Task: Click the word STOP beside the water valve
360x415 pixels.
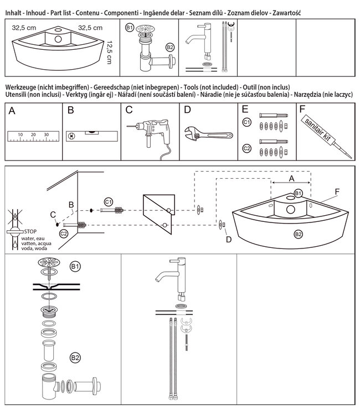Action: (x=30, y=232)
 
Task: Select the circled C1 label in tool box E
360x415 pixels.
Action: (x=248, y=121)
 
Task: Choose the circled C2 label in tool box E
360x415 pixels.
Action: (x=248, y=148)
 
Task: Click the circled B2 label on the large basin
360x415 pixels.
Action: (x=298, y=235)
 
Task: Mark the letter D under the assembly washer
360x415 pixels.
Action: (x=228, y=238)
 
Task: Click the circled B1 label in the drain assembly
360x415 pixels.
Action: (x=75, y=267)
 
